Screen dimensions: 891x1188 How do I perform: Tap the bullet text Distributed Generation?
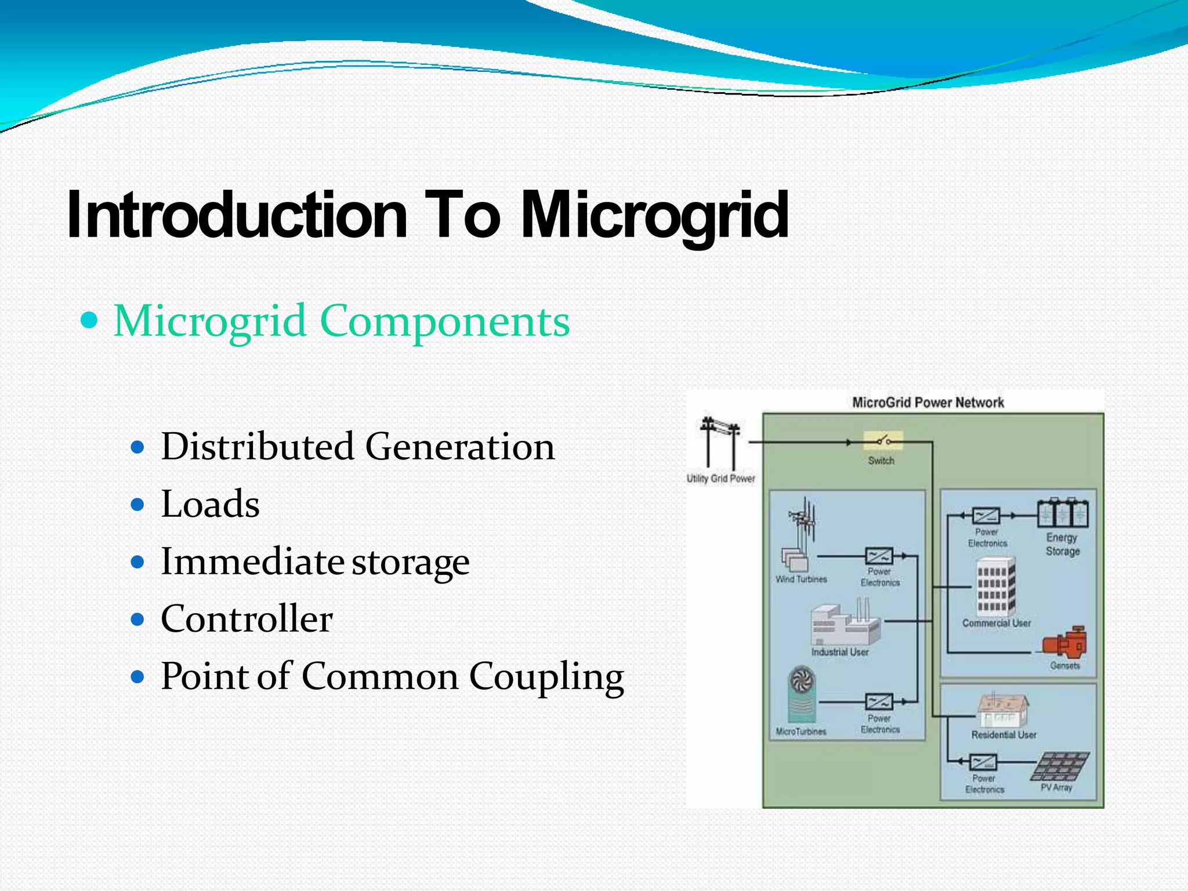click(357, 447)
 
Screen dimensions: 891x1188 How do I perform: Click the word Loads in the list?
click(210, 504)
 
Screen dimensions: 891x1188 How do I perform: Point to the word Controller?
click(247, 618)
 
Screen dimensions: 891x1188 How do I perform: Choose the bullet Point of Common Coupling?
click(392, 676)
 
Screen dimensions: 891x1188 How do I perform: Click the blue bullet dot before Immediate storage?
click(137, 562)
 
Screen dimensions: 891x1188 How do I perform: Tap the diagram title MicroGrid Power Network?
click(928, 403)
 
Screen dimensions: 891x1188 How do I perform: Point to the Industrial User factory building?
click(845, 624)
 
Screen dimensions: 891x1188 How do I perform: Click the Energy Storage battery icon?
click(1063, 513)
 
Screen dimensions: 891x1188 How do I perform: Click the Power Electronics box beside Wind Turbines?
click(879, 556)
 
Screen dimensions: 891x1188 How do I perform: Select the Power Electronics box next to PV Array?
click(983, 762)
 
